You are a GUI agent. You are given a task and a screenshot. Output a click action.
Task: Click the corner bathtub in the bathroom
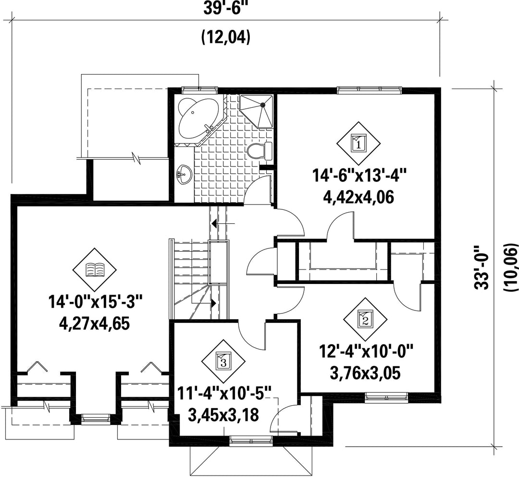click(196, 118)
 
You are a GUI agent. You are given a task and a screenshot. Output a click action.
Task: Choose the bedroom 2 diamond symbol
click(365, 318)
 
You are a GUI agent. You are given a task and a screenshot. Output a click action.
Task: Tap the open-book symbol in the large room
click(94, 270)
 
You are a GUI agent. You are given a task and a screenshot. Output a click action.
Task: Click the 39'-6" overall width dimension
click(225, 8)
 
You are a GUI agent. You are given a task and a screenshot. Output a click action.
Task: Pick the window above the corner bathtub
click(199, 89)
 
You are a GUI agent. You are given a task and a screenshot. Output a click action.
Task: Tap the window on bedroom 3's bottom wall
click(250, 438)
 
